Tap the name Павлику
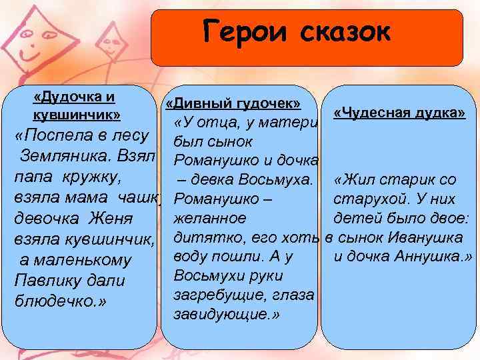[50, 280]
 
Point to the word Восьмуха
[270, 180]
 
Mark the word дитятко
[201, 237]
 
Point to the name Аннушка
[433, 257]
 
